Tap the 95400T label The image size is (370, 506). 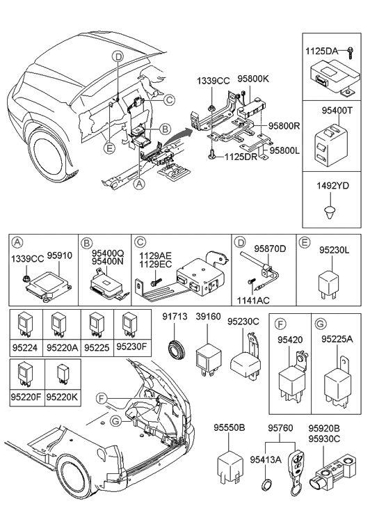pyautogui.click(x=337, y=111)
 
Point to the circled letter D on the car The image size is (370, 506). pyautogui.click(x=119, y=57)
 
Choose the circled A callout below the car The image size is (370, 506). pyautogui.click(x=139, y=184)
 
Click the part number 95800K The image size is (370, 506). pyautogui.click(x=253, y=79)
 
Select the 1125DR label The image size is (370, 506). pyautogui.click(x=241, y=157)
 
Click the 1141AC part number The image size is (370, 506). pyautogui.click(x=253, y=301)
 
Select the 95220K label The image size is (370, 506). pyautogui.click(x=63, y=397)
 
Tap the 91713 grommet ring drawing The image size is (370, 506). pyautogui.click(x=176, y=349)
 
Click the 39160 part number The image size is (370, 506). pyautogui.click(x=208, y=317)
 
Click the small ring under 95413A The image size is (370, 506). pyautogui.click(x=266, y=485)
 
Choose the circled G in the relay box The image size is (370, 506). pyautogui.click(x=321, y=324)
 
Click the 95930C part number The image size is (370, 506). pyautogui.click(x=324, y=439)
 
